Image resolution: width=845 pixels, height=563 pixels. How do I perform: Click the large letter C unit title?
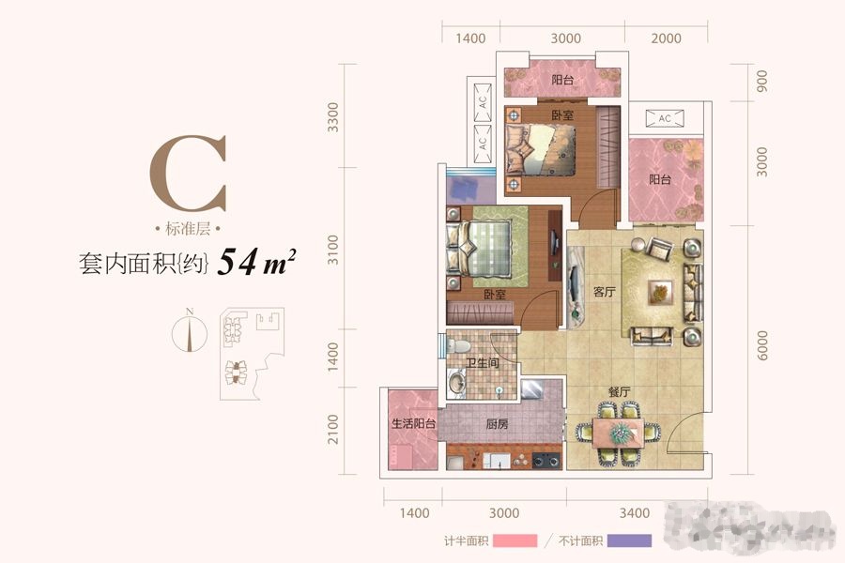click(x=189, y=176)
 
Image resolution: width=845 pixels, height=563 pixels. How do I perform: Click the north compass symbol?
click(x=191, y=332)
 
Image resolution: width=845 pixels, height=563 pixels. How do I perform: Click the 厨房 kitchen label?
click(x=498, y=424)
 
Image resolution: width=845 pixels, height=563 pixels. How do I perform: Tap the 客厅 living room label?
click(x=604, y=292)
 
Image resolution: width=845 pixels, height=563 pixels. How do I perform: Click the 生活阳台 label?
click(x=413, y=424)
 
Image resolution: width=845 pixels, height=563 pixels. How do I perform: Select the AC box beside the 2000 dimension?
click(x=664, y=118)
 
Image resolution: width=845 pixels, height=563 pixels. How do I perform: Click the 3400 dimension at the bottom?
click(x=635, y=513)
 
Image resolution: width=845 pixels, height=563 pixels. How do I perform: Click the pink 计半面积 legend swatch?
click(x=514, y=541)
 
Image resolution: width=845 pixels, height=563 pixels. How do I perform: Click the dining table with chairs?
click(x=620, y=433)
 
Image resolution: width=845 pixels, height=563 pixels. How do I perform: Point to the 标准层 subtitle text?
click(x=189, y=230)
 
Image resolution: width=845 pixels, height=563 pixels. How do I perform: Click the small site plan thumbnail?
click(x=246, y=347)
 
